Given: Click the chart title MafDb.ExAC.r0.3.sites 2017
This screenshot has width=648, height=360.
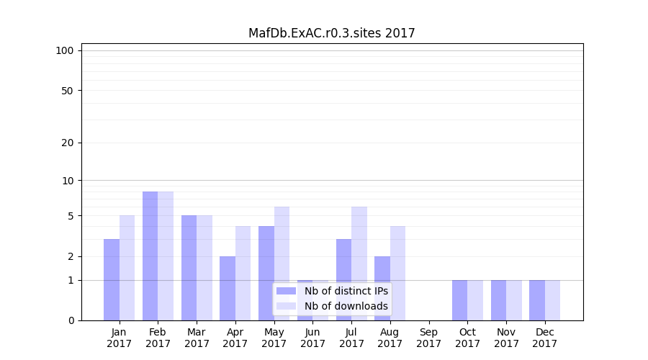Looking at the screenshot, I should pos(331,33).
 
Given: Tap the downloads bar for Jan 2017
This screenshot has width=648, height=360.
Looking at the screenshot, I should pos(127,268).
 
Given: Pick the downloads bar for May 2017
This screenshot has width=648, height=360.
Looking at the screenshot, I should pos(282,264).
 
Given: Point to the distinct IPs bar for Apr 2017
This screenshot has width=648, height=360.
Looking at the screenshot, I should pos(228,288).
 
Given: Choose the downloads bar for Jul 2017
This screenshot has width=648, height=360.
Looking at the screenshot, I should pos(359,264).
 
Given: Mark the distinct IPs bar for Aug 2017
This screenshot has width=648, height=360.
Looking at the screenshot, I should pos(382,288).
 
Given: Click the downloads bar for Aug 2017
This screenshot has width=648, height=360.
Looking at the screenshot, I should pos(397,273).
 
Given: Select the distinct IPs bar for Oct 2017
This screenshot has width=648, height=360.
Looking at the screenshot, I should pos(459,300).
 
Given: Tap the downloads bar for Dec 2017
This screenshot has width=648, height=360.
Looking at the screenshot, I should pos(552,300).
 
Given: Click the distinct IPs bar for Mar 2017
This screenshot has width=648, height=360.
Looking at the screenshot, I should pos(189,268).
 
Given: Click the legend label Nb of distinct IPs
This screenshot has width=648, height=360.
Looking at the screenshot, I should pos(346,291).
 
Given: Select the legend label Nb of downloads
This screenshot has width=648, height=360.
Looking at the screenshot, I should pos(346,306).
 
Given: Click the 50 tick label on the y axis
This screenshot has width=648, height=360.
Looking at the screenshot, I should pos(68,91).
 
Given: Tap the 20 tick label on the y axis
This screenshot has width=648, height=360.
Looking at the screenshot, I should pos(68,143).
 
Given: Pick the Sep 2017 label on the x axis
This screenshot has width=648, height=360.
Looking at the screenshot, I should pos(428,338).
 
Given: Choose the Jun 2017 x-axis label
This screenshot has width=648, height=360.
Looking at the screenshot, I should pos(312,338).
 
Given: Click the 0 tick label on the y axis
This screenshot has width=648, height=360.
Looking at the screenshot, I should pos(71,320).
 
